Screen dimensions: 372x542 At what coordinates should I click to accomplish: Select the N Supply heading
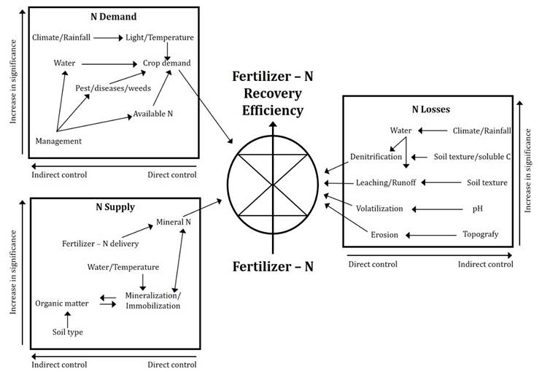click(115, 206)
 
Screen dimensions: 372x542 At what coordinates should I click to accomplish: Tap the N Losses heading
click(430, 109)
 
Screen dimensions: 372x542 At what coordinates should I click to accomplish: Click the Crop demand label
click(166, 63)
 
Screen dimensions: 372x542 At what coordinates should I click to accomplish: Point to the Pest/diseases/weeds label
click(106, 88)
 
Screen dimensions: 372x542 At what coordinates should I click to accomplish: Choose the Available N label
click(152, 114)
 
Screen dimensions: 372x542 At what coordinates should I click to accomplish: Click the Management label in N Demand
click(58, 140)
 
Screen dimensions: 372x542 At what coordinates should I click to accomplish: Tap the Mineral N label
click(173, 221)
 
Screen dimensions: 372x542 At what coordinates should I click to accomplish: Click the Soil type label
click(66, 332)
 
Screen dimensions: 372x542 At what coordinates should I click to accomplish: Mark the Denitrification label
click(375, 157)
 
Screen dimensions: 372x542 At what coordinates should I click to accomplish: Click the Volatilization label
click(379, 209)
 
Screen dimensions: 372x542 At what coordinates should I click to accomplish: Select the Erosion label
click(385, 235)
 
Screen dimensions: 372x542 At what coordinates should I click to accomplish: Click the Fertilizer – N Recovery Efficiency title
click(268, 93)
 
